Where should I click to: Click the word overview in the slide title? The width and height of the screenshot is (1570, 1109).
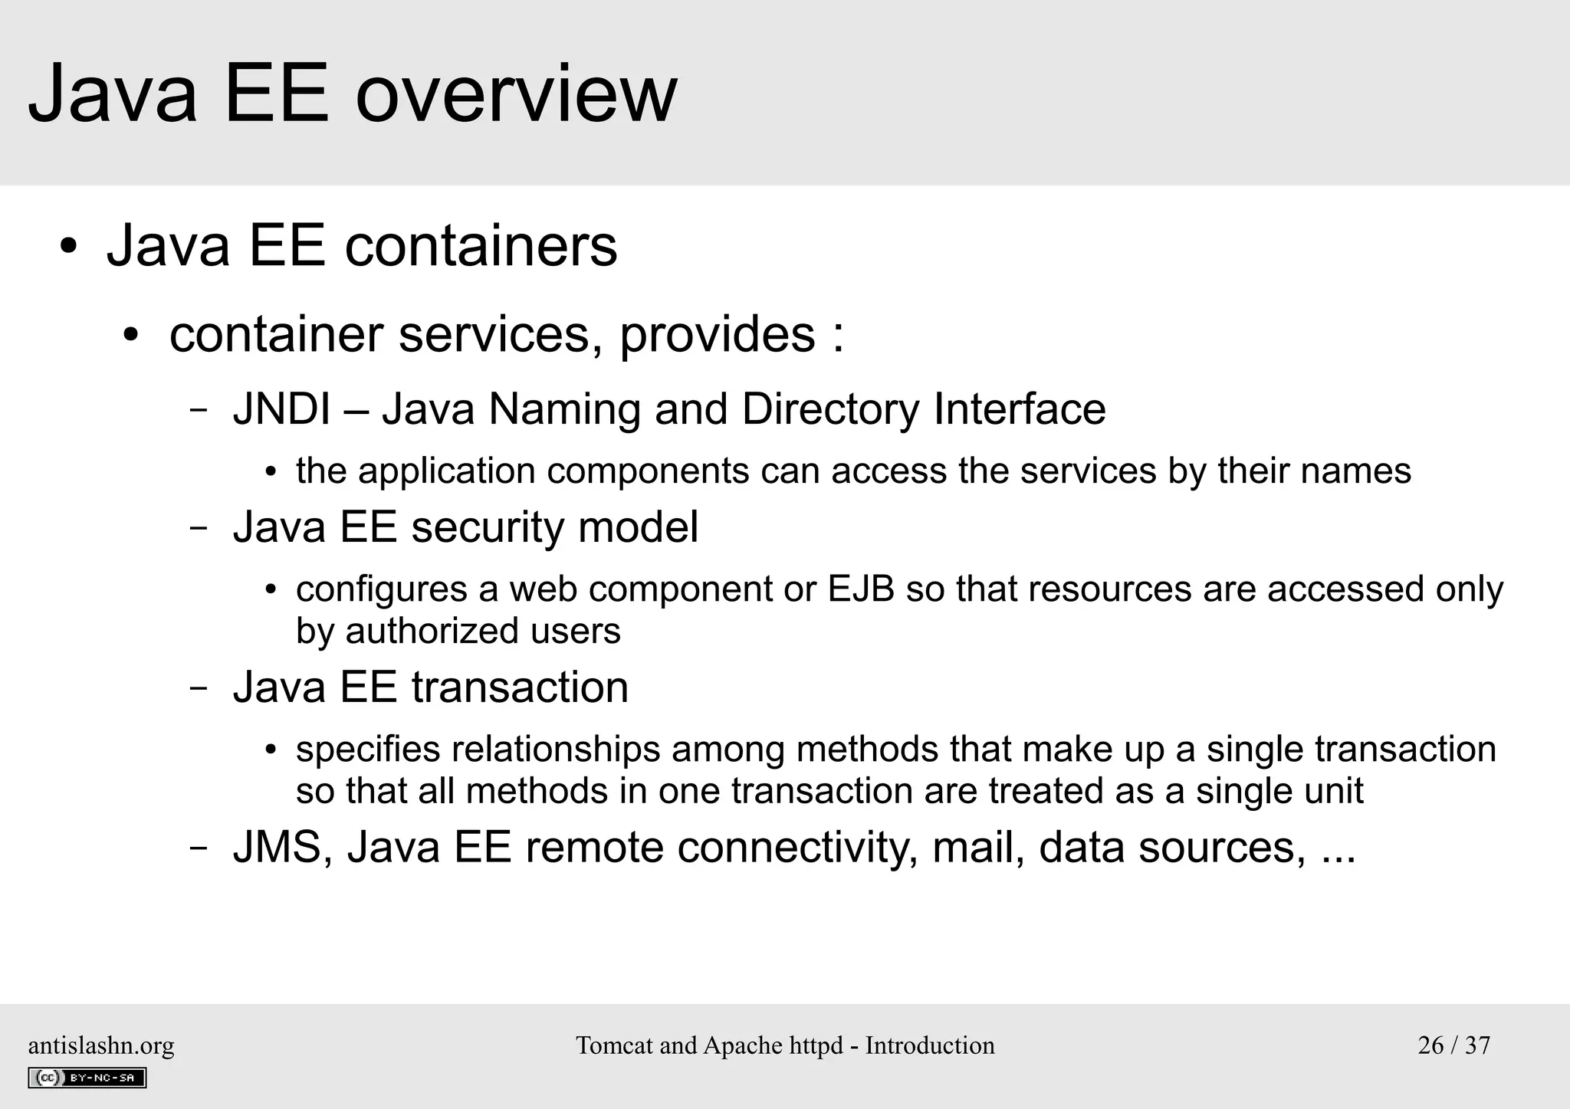(x=516, y=95)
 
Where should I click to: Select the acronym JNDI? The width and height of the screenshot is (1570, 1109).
(x=281, y=408)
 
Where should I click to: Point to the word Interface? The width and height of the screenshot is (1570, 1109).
(x=1020, y=408)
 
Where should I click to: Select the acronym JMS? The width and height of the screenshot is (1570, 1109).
(x=277, y=848)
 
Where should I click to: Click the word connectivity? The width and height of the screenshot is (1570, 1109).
(x=796, y=848)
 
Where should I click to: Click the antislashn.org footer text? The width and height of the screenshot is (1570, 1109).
(x=101, y=1045)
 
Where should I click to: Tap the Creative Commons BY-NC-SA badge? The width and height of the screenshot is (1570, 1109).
(x=87, y=1078)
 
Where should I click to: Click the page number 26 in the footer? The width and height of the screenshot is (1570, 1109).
(x=1430, y=1045)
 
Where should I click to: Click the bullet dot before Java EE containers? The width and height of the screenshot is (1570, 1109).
(x=69, y=248)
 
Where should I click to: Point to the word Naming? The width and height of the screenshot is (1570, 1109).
(x=563, y=410)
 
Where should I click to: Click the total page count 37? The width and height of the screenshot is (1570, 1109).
(x=1477, y=1045)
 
